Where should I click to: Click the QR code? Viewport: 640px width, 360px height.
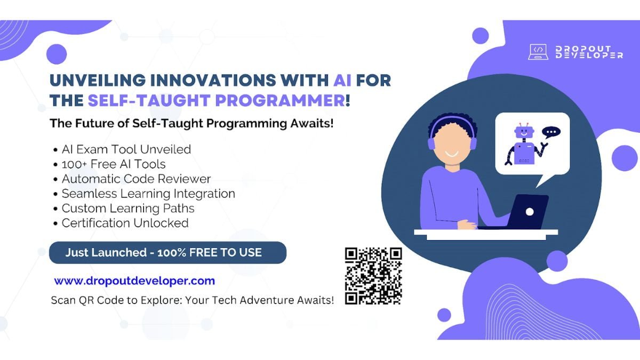[x=373, y=276]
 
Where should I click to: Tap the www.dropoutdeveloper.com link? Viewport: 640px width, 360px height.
[x=134, y=281]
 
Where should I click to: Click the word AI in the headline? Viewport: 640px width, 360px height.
[x=342, y=80]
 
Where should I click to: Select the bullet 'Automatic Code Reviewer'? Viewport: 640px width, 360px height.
[x=137, y=179]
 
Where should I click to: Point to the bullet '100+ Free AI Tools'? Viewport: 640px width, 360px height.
[x=114, y=164]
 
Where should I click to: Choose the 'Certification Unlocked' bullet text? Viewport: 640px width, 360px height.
[x=125, y=223]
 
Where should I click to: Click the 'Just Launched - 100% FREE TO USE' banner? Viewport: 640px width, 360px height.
[x=167, y=253]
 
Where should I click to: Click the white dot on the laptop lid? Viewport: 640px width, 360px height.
[x=530, y=212]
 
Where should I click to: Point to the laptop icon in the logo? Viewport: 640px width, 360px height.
[x=538, y=52]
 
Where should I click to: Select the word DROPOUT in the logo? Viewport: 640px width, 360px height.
[x=583, y=49]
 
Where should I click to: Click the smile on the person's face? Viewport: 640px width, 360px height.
[x=452, y=154]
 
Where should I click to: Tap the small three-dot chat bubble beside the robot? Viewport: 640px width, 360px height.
[x=551, y=133]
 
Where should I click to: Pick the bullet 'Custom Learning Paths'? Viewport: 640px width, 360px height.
[x=128, y=209]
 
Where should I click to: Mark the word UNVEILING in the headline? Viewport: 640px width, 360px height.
[x=98, y=80]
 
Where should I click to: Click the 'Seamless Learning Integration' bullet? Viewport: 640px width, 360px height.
[x=148, y=194]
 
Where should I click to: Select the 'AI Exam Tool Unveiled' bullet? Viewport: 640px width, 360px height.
[x=126, y=149]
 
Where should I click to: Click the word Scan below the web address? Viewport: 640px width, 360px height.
[x=63, y=300]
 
